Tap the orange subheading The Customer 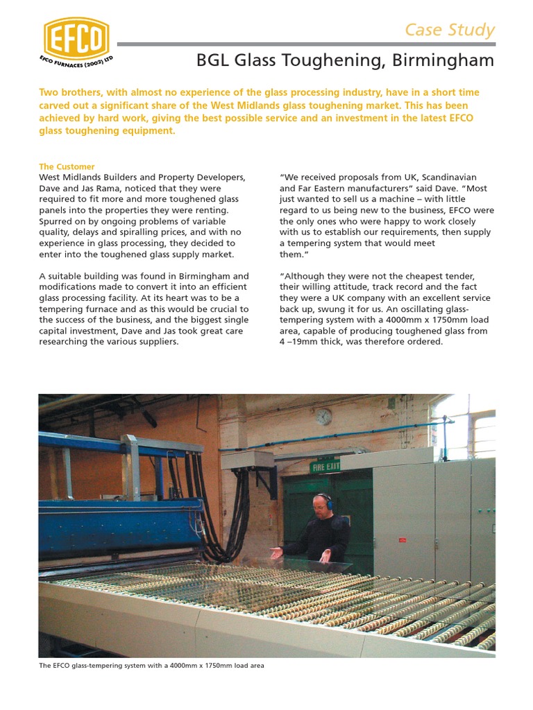(67, 166)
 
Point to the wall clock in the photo (323, 417)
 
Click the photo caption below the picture (151, 666)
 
